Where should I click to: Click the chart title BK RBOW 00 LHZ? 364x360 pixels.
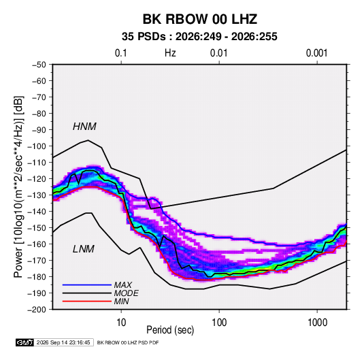pos(199,19)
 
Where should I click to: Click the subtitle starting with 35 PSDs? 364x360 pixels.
pos(199,37)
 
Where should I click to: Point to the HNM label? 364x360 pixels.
pos(84,127)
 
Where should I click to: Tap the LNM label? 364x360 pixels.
pos(84,249)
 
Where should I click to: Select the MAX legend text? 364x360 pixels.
pos(122,285)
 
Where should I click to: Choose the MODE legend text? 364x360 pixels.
pos(126,293)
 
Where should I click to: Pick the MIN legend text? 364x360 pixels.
pos(121,301)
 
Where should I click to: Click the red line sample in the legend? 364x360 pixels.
pos(87,301)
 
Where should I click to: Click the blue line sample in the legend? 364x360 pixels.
pos(87,285)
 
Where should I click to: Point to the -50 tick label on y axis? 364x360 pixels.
pos(39,65)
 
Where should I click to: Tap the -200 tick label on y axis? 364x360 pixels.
pos(37,310)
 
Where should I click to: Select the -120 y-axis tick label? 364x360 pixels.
pos(37,179)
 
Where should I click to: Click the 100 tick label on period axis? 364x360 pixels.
pos(219,323)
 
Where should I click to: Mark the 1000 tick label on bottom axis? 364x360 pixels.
pos(317,323)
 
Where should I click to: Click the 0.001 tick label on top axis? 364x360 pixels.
pos(316,53)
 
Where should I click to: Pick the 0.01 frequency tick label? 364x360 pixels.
pos(218,53)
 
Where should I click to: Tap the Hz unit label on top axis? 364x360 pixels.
pos(170,53)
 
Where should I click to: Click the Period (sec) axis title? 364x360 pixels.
pos(170,330)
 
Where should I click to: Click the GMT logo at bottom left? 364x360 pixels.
pos(25,342)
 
